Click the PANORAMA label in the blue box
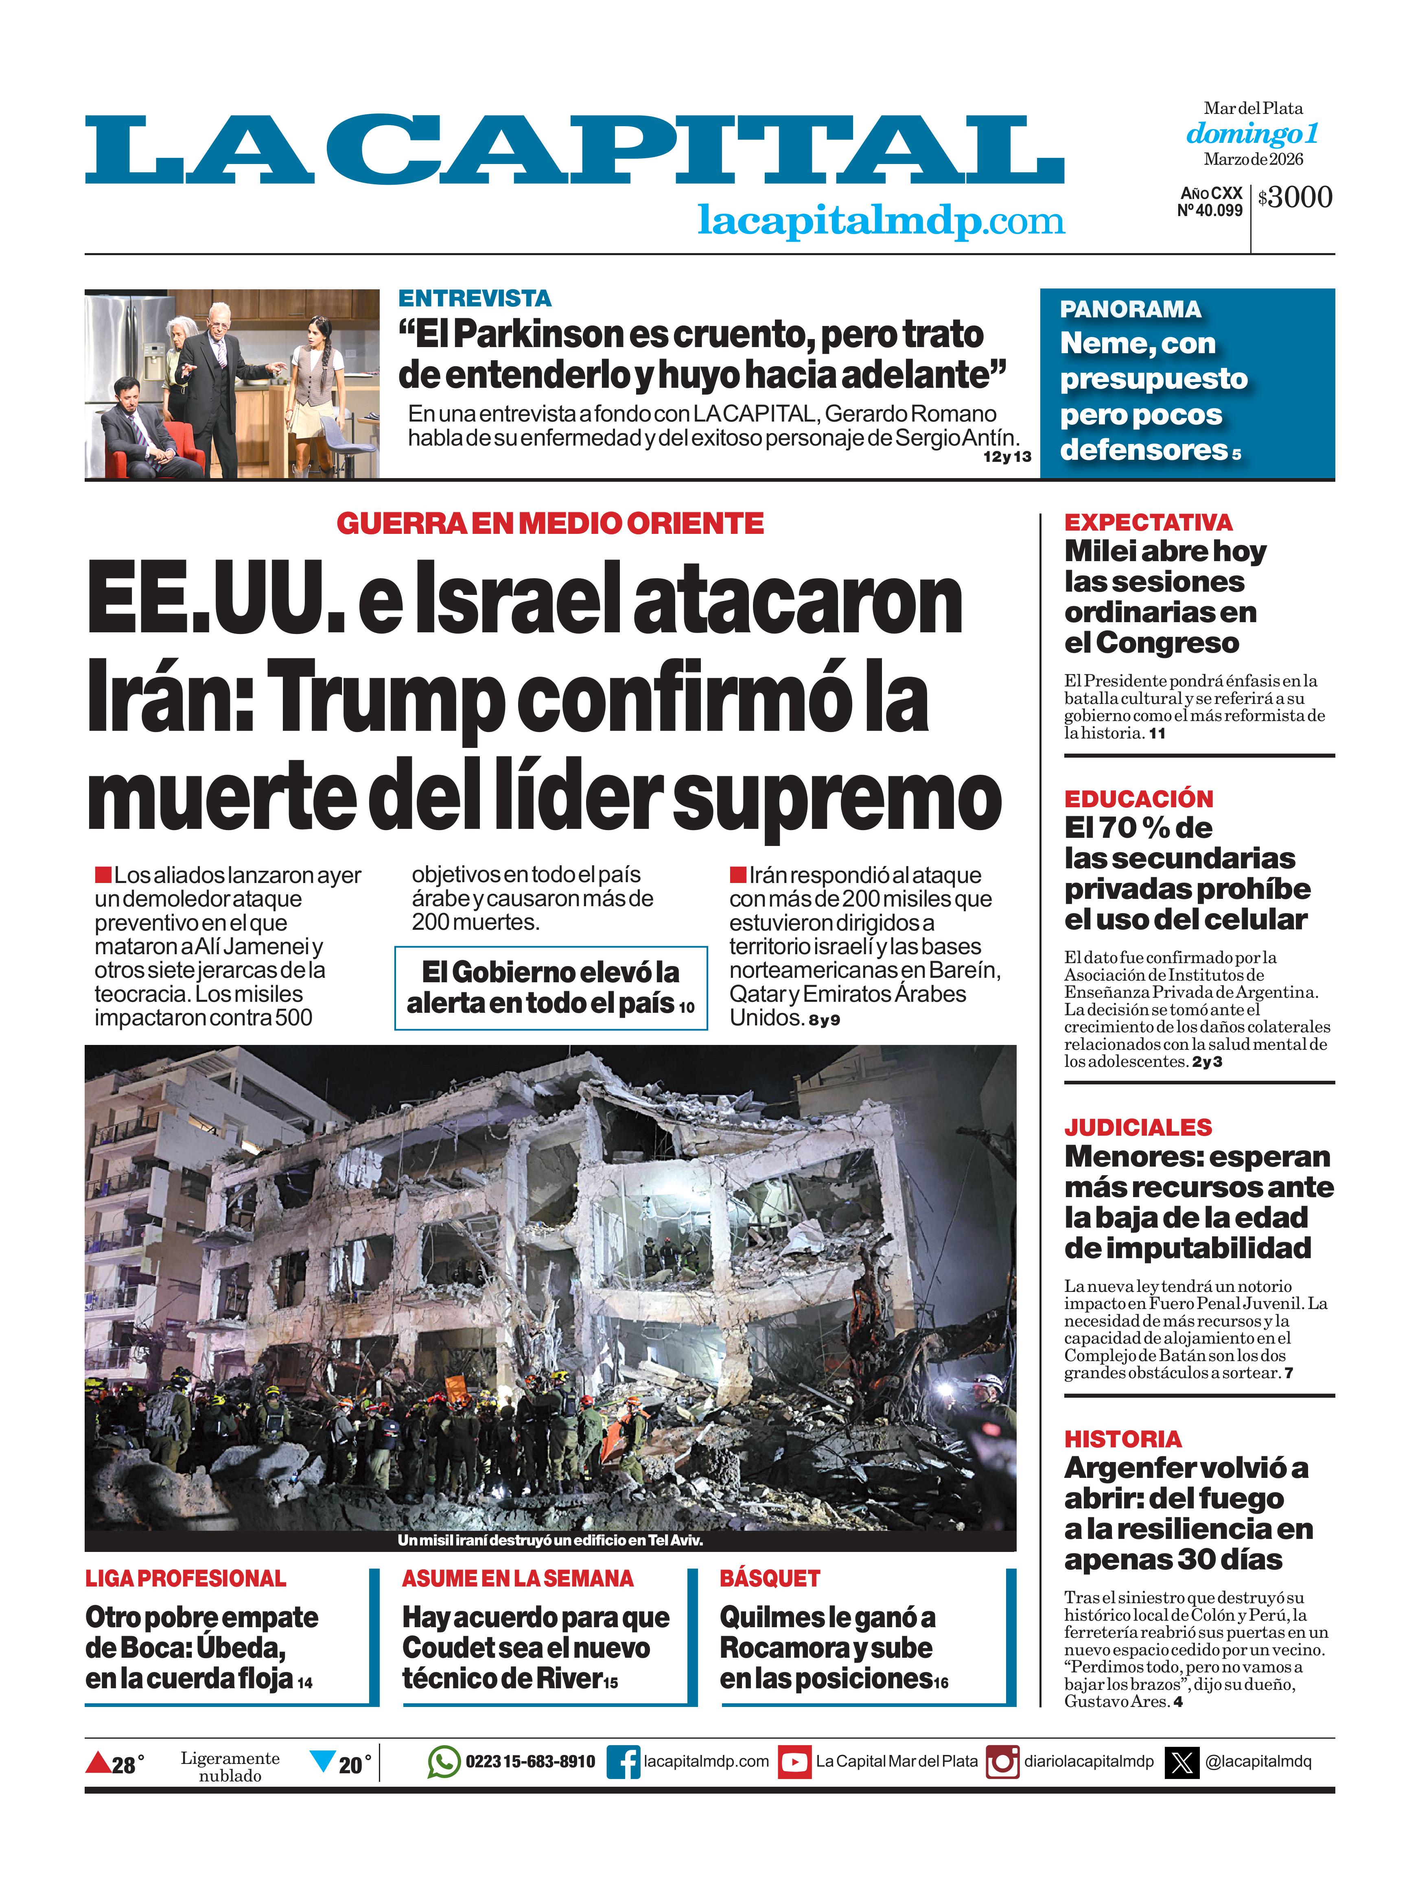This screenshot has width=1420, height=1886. point(1130,310)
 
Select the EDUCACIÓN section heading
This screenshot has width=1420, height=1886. point(1138,799)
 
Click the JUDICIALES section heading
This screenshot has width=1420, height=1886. point(1138,1127)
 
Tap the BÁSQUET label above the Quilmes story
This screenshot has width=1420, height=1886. point(769,1579)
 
